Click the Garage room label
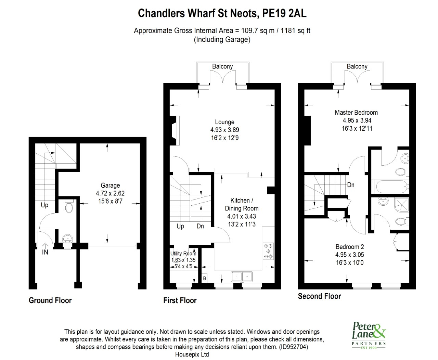point(110,185)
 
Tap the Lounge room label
point(224,122)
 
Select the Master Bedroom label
point(356,112)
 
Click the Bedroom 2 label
point(349,247)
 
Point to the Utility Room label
point(183,254)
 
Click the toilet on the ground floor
point(69,207)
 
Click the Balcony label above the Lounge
point(222,66)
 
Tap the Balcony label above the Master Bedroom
point(357,66)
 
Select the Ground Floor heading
point(50,300)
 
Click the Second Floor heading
point(319,296)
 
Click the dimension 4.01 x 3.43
point(242,216)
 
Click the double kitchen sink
point(242,276)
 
